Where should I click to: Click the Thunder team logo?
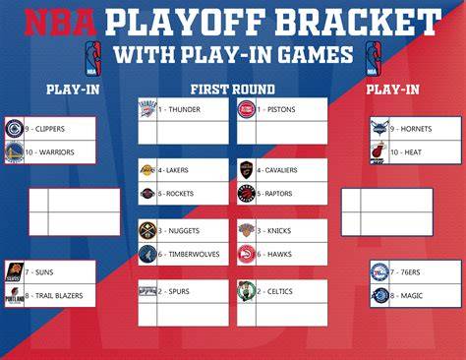point(147,109)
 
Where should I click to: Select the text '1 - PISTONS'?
point(276,109)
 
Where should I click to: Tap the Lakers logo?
point(147,170)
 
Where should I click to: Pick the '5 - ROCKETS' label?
point(176,194)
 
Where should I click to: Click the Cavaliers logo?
point(246,170)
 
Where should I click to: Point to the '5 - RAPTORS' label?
point(274,194)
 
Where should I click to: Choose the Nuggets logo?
point(147,230)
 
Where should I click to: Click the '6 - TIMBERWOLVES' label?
point(189,254)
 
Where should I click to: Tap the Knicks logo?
point(247,230)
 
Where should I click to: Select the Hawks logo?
point(247,254)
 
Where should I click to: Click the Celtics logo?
point(247,291)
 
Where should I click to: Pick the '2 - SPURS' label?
point(174,291)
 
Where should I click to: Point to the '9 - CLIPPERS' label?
point(45,129)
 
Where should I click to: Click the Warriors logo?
point(15,152)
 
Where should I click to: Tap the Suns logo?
point(15,271)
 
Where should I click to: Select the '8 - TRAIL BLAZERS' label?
point(54,296)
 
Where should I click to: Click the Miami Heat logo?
point(379,152)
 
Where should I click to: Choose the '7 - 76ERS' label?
point(405,272)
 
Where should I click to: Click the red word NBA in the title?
point(61,23)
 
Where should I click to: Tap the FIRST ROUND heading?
point(233,90)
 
